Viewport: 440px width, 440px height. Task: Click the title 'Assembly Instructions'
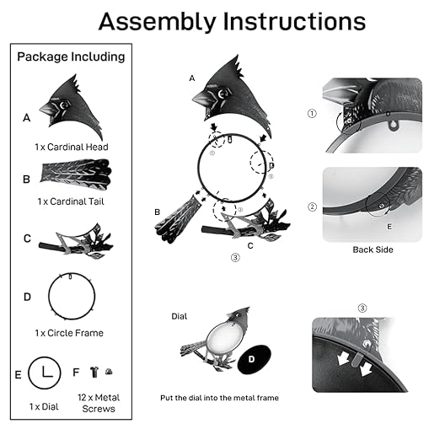point(232,23)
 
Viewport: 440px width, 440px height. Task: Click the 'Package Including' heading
point(71,56)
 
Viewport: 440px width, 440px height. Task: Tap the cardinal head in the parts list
point(72,107)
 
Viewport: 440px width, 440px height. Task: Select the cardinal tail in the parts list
point(76,174)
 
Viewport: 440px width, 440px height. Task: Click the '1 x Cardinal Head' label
point(72,147)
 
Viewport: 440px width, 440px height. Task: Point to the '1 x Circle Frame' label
point(69,333)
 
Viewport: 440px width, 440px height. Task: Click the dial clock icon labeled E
point(45,373)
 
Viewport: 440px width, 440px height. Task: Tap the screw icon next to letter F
point(94,372)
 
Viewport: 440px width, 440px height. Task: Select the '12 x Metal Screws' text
point(99,403)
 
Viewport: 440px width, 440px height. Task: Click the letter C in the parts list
point(27,239)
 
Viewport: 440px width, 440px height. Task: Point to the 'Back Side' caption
point(373,250)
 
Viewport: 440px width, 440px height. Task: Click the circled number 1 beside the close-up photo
point(312,114)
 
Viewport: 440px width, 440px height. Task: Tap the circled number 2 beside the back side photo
point(312,207)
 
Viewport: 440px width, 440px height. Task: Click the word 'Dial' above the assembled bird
point(180,316)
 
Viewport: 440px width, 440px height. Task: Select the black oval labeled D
point(254,359)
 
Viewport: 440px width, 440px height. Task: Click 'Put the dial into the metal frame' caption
point(219,398)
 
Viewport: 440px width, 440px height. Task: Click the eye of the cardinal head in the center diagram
point(223,94)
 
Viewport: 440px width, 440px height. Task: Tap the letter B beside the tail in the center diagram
point(158,212)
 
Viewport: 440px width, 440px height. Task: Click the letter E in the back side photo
point(389,227)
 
